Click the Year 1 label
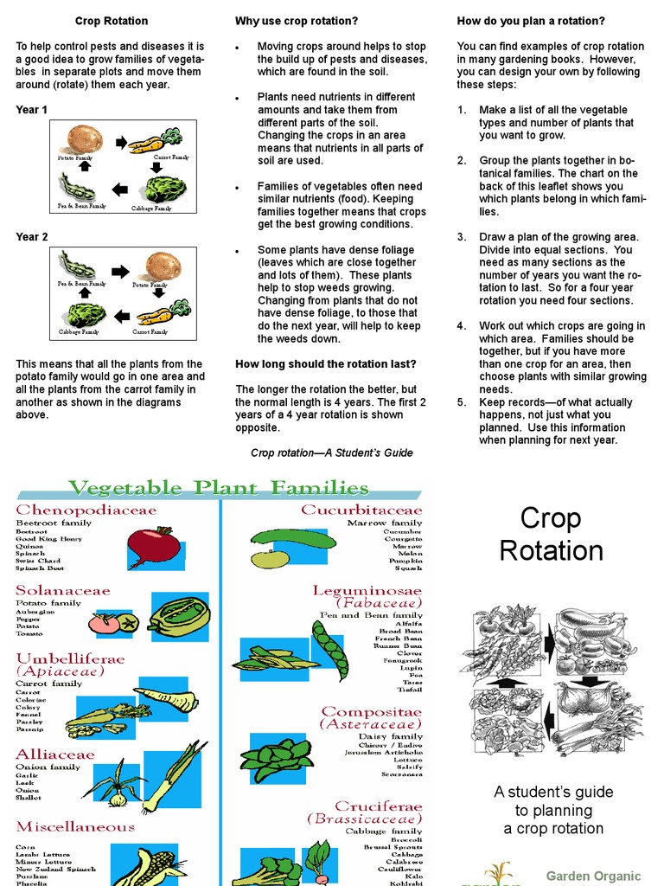tap(32, 110)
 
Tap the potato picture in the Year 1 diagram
tap(85, 138)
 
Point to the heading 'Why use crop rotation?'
tap(296, 21)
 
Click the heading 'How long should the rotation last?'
tap(325, 363)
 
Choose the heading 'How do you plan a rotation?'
tap(531, 21)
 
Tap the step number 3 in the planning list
tap(462, 237)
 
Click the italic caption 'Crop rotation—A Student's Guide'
tap(331, 453)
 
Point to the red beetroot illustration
tap(153, 543)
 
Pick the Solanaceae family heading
tap(63, 591)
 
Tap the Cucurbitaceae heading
tap(361, 510)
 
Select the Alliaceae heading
tap(55, 754)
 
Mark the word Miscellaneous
tap(75, 827)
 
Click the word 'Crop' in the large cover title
tap(551, 518)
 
